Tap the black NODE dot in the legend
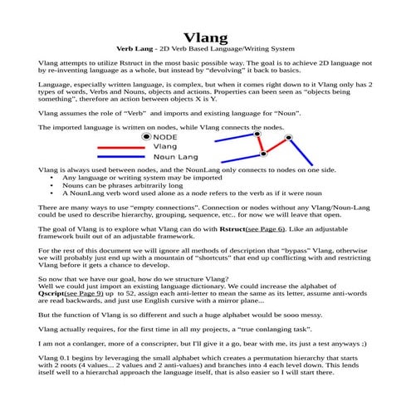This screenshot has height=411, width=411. [147, 135]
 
